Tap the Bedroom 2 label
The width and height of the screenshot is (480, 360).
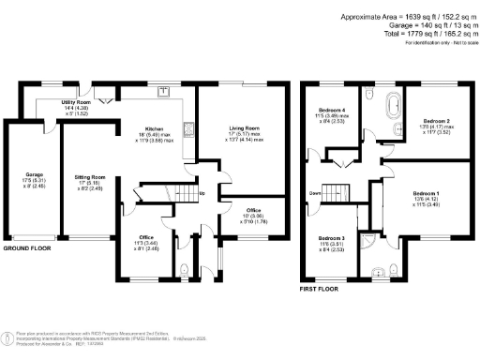[438, 122]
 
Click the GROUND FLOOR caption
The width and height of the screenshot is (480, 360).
[26, 249]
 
